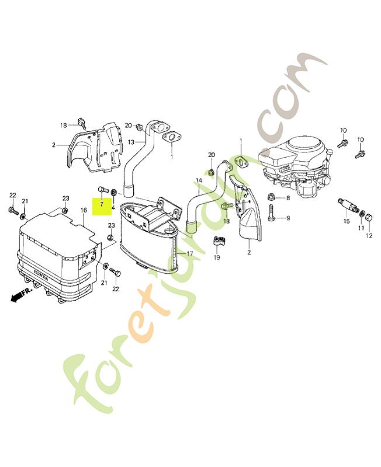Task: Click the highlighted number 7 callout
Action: pos(102,204)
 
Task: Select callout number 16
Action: pos(84,210)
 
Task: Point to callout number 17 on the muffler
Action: pos(190,254)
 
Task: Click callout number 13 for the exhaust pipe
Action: pos(131,142)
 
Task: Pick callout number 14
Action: pos(199,180)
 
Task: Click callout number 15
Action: pos(347,221)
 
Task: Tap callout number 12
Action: pos(369,236)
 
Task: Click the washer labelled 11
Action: pos(361,213)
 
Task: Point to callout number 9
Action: pos(288,218)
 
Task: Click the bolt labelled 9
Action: pos(271,212)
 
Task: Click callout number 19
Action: pos(217,257)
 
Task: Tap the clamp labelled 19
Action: pos(217,241)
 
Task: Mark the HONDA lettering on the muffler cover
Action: pos(41,276)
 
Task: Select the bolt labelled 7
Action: pos(101,189)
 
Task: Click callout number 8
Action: pos(288,198)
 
